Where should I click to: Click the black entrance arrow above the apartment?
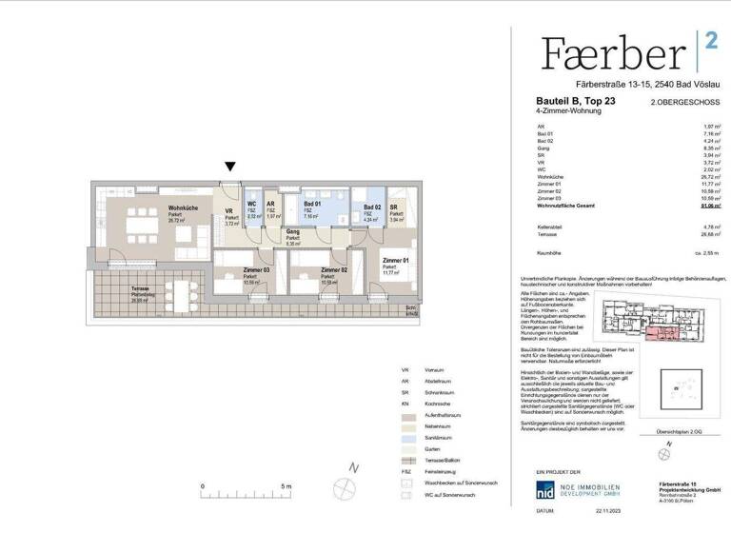coord(229,167)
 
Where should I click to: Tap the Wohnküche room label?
coord(182,207)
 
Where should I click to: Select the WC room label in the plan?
coord(251,203)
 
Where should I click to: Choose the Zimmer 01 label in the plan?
coord(395,261)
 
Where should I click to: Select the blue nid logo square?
coord(546,490)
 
